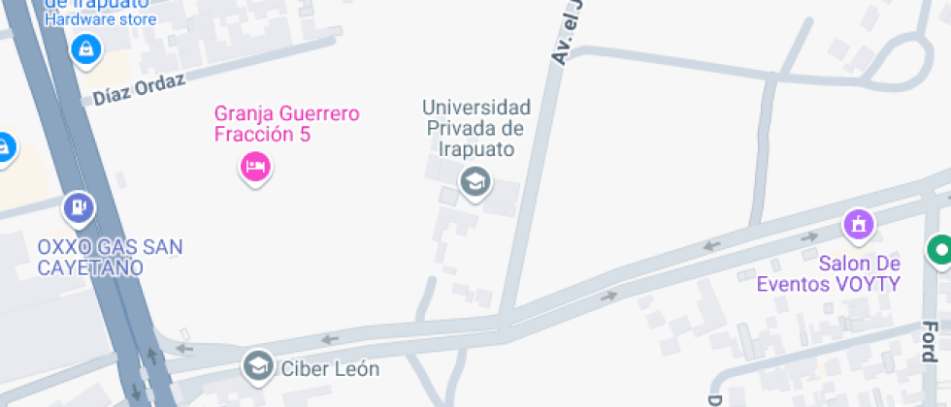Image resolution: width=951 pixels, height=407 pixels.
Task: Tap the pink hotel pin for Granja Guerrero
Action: tap(255, 167)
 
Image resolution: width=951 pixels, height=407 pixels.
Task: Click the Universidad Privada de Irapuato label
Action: tap(475, 127)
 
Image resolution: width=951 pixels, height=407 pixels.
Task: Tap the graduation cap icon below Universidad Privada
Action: tap(475, 180)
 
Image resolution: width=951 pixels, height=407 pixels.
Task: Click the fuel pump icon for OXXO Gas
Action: tap(78, 206)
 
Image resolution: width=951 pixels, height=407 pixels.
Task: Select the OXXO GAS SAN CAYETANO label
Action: tap(110, 257)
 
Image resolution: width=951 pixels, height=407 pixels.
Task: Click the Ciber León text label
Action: tap(329, 369)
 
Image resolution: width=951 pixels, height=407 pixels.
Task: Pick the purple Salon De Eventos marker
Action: tap(858, 225)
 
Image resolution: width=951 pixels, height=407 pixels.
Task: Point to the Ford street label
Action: tap(929, 340)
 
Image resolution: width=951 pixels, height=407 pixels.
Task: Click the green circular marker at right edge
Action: tap(938, 250)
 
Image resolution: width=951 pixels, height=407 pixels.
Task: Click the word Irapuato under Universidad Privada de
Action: tap(475, 149)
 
